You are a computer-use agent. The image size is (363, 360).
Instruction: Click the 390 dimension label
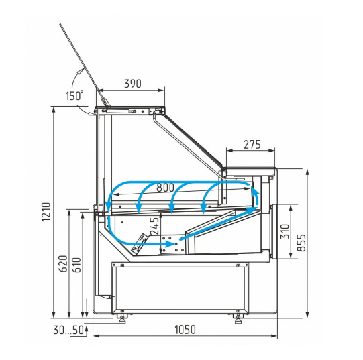(x=133, y=84)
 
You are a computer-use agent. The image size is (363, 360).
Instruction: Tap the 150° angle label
(x=74, y=96)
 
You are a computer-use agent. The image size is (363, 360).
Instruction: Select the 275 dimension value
(x=252, y=145)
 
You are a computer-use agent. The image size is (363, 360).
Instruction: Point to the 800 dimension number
(x=165, y=188)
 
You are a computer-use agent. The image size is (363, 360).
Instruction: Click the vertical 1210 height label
(x=46, y=212)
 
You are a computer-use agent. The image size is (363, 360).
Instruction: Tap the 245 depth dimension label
(x=155, y=225)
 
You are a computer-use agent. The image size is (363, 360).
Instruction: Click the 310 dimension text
(x=284, y=231)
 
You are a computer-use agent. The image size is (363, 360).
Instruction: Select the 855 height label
(x=301, y=243)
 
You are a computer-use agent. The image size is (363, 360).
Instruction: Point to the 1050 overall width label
(x=185, y=330)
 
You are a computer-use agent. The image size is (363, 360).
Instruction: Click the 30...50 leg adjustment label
(x=68, y=330)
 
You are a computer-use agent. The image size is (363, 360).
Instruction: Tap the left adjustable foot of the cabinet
(x=121, y=319)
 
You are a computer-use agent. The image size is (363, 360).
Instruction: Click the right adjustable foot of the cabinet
(x=238, y=319)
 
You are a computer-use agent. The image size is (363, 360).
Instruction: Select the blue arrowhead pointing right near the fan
(x=171, y=243)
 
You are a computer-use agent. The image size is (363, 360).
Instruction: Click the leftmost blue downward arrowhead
(x=107, y=206)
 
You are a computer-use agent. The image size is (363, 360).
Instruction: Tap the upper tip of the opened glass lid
(x=60, y=24)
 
